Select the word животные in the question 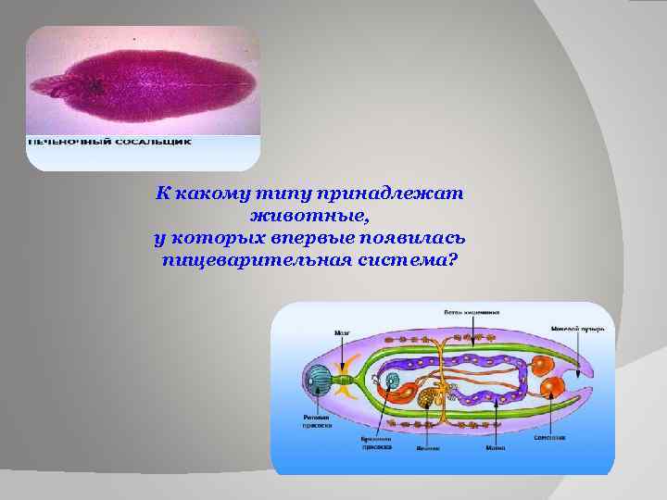click(x=309, y=216)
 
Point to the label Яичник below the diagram click(x=427, y=448)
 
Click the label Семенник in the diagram click(x=550, y=436)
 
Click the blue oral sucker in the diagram click(x=317, y=379)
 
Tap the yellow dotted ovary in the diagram click(x=427, y=399)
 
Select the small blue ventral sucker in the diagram click(x=393, y=381)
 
